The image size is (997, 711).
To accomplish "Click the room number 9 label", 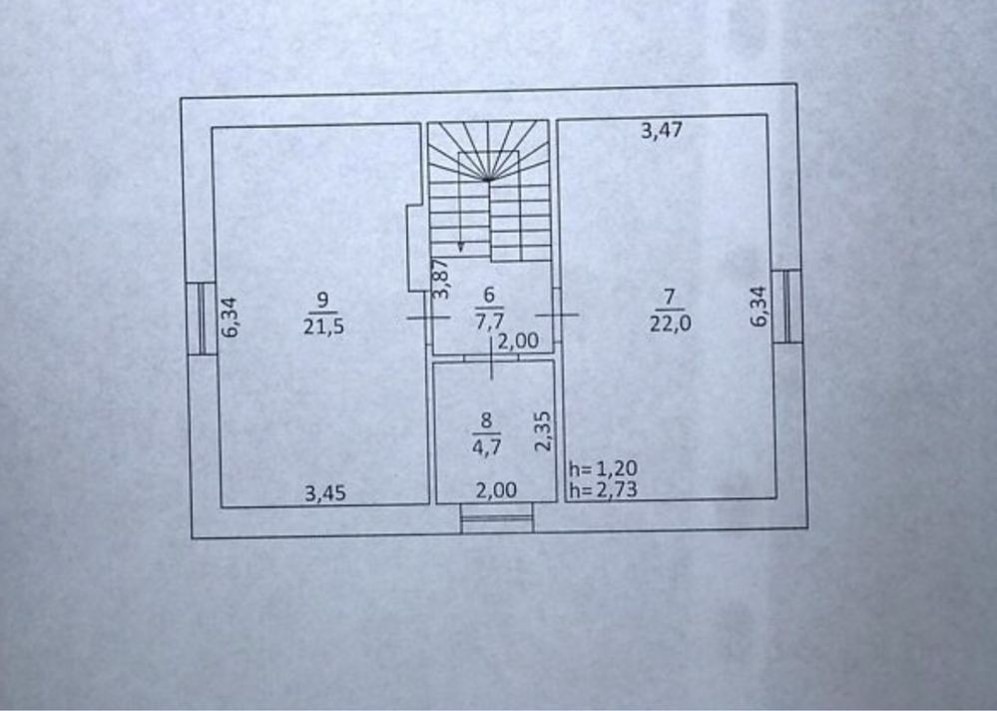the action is tap(322, 300).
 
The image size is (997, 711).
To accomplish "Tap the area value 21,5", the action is tap(323, 327).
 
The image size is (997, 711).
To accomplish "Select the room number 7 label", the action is tap(669, 297).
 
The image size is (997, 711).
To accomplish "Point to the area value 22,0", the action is tap(671, 324).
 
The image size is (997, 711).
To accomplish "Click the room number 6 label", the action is tap(489, 295).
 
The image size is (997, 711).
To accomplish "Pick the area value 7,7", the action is tap(490, 322).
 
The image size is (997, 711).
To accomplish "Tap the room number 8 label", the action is tap(486, 420).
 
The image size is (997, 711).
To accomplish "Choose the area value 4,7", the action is tap(486, 447).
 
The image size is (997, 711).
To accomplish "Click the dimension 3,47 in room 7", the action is tap(662, 131).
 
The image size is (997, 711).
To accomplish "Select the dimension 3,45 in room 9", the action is tap(325, 493).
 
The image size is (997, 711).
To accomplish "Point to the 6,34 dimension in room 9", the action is tap(230, 318).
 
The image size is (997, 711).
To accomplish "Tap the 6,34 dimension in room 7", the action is tap(758, 308).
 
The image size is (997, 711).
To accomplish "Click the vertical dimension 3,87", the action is tap(441, 279).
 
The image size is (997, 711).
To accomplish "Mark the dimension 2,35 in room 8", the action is tap(542, 431).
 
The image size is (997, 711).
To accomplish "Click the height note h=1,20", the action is tap(603, 469).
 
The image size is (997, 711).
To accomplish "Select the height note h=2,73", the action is tap(603, 489).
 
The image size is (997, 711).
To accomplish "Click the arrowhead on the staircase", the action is tap(460, 248).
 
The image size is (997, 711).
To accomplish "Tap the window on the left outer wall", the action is tap(202, 318).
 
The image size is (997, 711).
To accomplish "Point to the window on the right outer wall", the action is tap(786, 307).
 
